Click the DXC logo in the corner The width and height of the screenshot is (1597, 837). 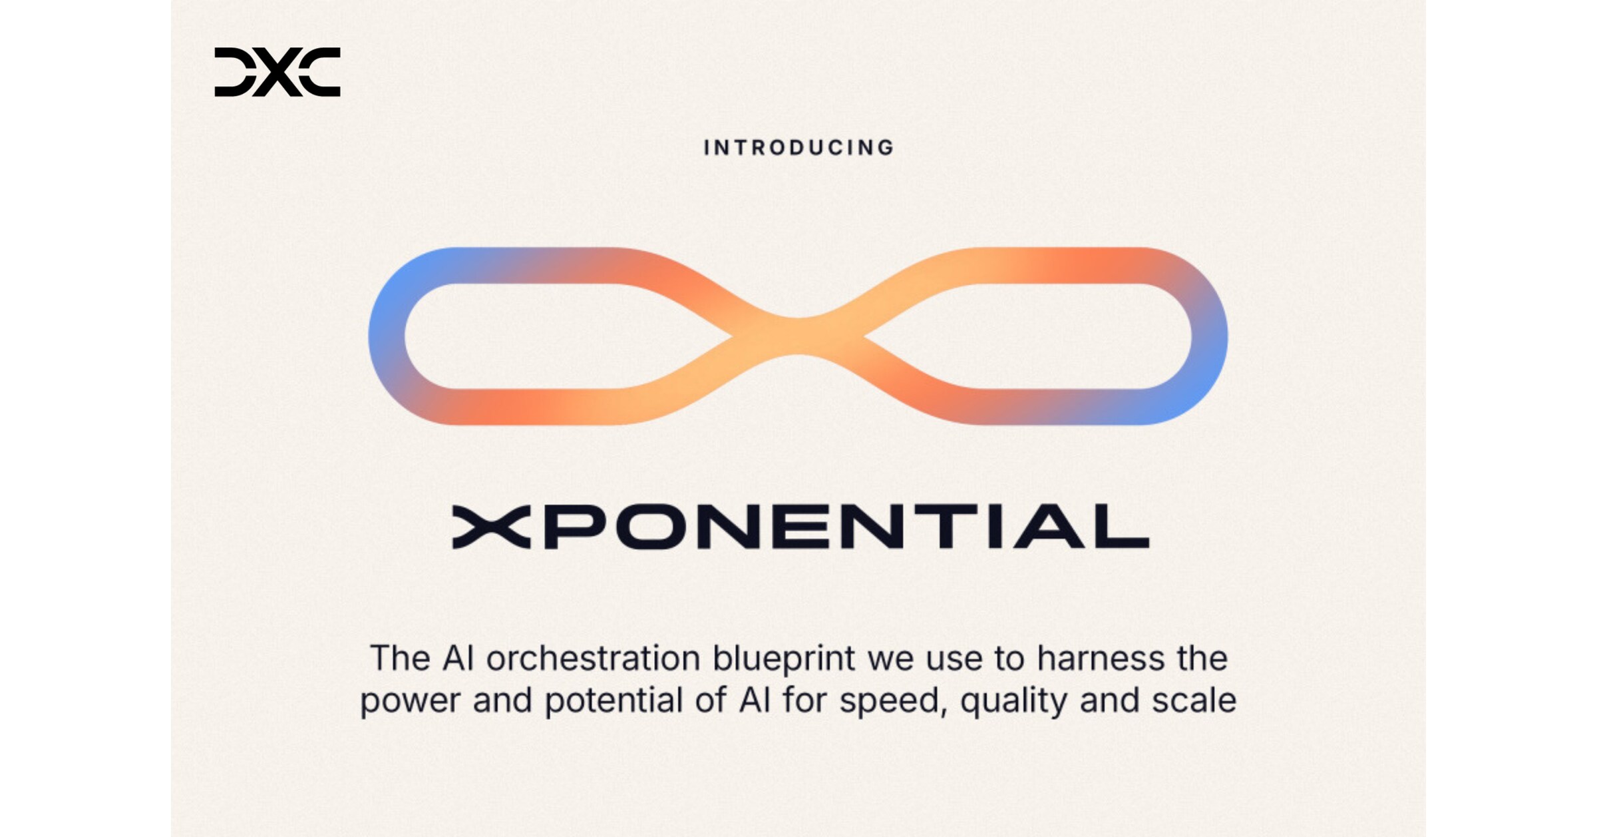point(277,72)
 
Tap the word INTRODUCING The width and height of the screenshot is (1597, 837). point(799,148)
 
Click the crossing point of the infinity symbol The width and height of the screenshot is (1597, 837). point(798,336)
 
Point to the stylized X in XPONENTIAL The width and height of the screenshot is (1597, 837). point(491,527)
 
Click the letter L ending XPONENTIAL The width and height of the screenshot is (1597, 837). point(1125,527)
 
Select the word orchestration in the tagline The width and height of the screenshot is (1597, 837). point(593,659)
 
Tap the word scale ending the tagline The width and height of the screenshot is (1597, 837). point(1194,700)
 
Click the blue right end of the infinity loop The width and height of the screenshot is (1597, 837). point(1210,336)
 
